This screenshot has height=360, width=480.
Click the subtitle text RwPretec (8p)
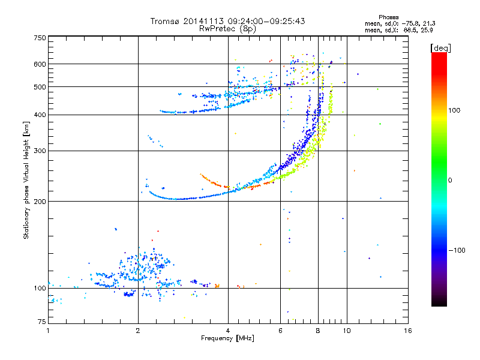(x=227, y=29)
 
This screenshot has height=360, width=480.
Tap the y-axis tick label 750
(x=40, y=38)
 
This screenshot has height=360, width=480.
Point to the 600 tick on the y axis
(x=40, y=64)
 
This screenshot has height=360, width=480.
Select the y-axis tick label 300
(x=40, y=151)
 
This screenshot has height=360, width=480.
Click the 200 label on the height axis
(x=40, y=202)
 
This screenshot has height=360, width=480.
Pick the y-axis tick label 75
(x=42, y=322)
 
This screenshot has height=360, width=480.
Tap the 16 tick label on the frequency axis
(x=408, y=331)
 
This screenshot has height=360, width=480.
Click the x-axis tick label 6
(x=280, y=331)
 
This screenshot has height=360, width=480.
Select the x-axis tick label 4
(x=228, y=331)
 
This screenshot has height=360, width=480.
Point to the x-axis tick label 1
(x=48, y=331)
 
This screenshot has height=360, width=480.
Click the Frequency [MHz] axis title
(x=227, y=338)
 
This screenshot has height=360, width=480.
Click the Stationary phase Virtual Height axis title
(x=26, y=181)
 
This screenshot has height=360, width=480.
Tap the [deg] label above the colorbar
(x=440, y=48)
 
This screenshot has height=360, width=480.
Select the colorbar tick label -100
(x=457, y=250)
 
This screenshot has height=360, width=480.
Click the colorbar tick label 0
(x=450, y=181)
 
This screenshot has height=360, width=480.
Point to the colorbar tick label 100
(x=454, y=110)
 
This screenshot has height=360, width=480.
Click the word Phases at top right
(x=388, y=17)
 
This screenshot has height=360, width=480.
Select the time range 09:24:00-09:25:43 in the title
(x=266, y=21)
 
